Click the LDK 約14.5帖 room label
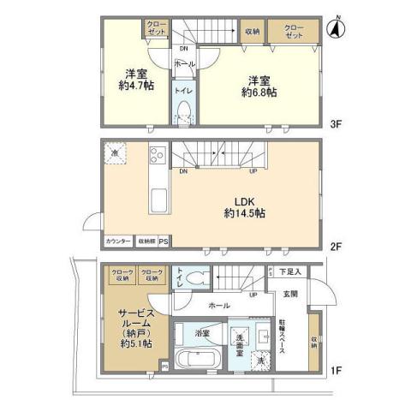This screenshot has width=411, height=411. tap(242, 206)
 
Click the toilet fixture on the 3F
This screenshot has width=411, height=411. tap(183, 112)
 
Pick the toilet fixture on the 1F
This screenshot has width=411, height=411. tap(198, 277)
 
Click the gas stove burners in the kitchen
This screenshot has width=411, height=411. tap(158, 157)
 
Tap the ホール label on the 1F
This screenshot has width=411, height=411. tap(216, 304)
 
